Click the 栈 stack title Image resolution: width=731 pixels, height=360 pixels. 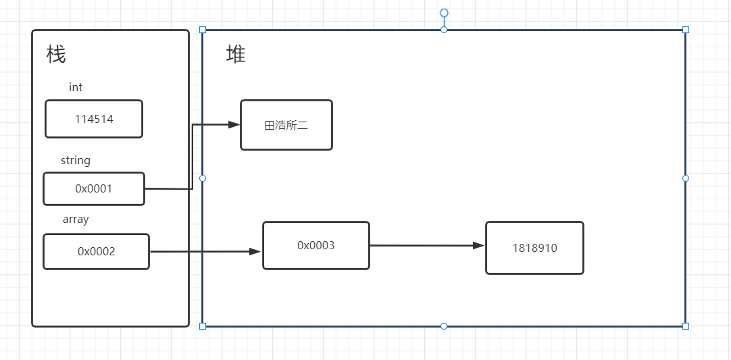tap(56, 55)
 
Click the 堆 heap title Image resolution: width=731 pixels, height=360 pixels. tap(236, 55)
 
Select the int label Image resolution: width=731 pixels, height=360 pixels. tap(76, 87)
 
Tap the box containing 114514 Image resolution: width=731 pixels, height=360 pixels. tap(94, 119)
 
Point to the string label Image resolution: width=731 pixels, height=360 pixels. tap(76, 161)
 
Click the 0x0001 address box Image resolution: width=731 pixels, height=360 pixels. tap(94, 189)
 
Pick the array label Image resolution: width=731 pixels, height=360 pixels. tap(76, 220)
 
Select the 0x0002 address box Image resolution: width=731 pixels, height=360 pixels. tap(96, 252)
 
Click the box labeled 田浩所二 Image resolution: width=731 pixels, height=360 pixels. tap(286, 125)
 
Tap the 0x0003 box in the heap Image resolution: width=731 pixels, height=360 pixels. tap(316, 246)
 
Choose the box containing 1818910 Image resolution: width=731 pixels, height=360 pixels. tap(534, 248)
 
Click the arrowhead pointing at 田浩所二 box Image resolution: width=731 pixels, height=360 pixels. tap(234, 124)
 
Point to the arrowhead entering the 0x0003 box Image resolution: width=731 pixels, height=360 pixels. tap(256, 252)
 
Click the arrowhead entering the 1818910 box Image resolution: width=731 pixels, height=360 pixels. tap(479, 245)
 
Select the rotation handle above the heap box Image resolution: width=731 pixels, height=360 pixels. tap(445, 13)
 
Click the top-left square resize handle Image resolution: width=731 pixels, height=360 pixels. tap(203, 30)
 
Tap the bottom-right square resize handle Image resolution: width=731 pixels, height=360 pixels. tap(686, 326)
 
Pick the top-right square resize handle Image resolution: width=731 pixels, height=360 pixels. tap(686, 30)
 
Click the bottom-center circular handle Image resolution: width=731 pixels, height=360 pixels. tap(444, 326)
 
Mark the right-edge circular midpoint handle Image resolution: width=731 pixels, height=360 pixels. tap(686, 178)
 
